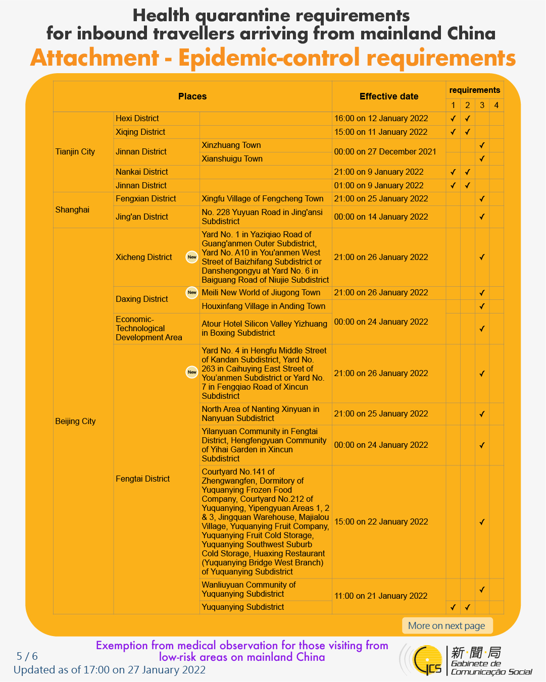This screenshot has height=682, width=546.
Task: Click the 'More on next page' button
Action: pyautogui.click(x=446, y=625)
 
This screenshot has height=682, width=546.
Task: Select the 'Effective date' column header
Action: pyautogui.click(x=389, y=96)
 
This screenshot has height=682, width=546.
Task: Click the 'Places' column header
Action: pyautogui.click(x=192, y=96)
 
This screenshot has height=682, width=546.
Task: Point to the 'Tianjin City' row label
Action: pyautogui.click(x=75, y=151)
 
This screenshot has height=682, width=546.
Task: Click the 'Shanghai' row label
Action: pyautogui.click(x=72, y=209)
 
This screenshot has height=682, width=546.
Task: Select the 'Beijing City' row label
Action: pyautogui.click(x=75, y=421)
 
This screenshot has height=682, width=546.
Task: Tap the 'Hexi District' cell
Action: pyautogui.click(x=137, y=118)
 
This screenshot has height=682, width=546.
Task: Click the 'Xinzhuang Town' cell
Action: pyautogui.click(x=231, y=145)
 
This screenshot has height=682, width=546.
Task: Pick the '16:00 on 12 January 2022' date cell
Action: pyautogui.click(x=381, y=118)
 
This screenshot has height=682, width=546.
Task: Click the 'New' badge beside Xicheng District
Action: pyautogui.click(x=192, y=257)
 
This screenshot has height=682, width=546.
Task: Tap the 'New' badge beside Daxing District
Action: pyautogui.click(x=192, y=292)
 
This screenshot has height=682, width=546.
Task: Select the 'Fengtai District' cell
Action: pyautogui.click(x=143, y=479)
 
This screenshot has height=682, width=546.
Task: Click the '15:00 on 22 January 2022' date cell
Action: pyautogui.click(x=381, y=521)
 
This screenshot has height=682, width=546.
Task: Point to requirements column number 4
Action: pyautogui.click(x=497, y=105)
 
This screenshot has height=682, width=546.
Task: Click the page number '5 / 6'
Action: pyautogui.click(x=27, y=656)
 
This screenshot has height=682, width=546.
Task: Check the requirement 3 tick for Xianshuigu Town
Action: pyautogui.click(x=482, y=159)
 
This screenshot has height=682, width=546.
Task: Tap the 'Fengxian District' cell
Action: pyautogui.click(x=146, y=198)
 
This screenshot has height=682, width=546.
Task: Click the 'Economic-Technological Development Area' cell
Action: pyautogui.click(x=149, y=328)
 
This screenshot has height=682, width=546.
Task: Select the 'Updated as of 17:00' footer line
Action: pyautogui.click(x=110, y=670)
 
